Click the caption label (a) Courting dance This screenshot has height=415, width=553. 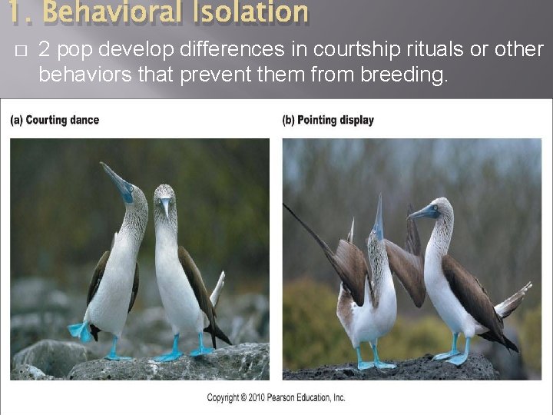pos(55,120)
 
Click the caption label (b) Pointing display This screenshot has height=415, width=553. pos(328,120)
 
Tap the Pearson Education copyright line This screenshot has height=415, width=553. pos(276,397)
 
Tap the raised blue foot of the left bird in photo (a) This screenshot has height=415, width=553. pos(78,330)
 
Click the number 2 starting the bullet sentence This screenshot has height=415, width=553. pos(44,51)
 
